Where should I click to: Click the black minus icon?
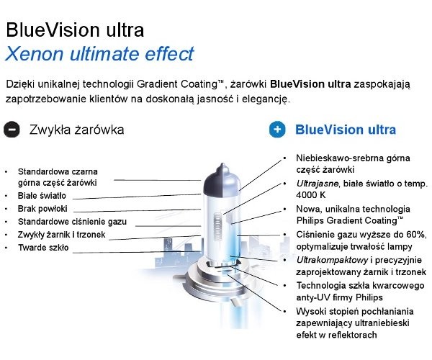point(12,130)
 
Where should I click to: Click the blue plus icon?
point(277,129)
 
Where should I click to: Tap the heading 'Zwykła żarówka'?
point(76,130)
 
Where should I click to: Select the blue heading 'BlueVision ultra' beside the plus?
point(346,130)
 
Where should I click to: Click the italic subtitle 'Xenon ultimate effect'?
point(100,53)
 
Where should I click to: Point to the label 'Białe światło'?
point(42,196)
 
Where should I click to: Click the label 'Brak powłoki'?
point(42,209)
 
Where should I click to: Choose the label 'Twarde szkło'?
point(43,248)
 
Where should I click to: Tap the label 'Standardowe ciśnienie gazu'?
point(72,222)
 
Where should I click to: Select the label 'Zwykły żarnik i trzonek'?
point(61,235)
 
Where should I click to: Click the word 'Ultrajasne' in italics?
point(317,184)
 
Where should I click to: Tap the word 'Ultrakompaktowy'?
point(332,260)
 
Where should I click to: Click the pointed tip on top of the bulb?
point(222,165)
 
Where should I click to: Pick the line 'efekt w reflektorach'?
point(336,335)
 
